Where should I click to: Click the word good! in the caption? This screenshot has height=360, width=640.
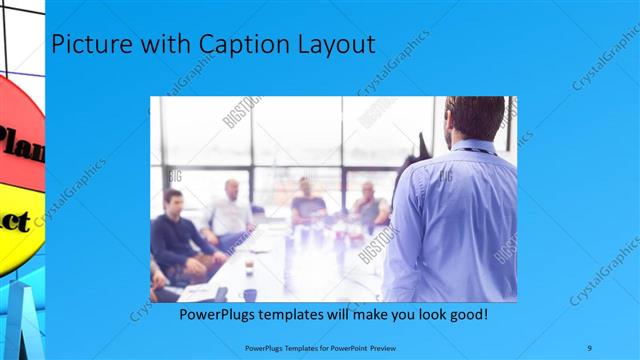(466, 315)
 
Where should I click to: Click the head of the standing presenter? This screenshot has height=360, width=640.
(476, 118)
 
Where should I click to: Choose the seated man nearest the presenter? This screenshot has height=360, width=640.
(368, 205)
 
